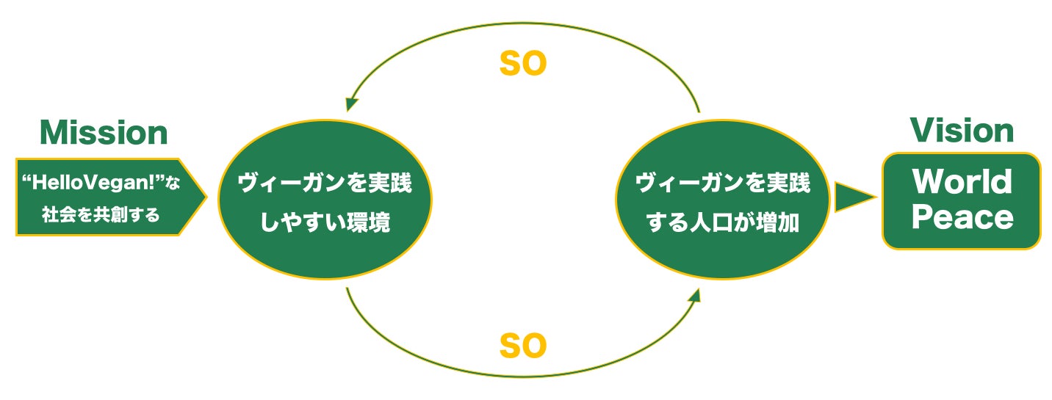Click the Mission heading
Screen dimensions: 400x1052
coord(104,133)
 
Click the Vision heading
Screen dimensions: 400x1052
coord(962,131)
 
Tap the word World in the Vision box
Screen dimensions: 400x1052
coord(962,182)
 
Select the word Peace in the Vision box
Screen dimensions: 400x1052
coord(962,217)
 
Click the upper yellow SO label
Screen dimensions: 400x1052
coord(523,65)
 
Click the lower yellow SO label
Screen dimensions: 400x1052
coord(523,346)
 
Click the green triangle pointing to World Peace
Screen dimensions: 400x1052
coord(853,197)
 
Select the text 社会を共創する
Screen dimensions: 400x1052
coord(101,216)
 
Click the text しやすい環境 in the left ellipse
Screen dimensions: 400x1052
coord(325,223)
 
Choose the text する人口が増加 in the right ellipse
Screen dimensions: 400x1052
coord(722,223)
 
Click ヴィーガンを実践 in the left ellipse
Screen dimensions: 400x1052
coord(325,183)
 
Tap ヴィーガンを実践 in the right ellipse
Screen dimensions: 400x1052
coord(722,183)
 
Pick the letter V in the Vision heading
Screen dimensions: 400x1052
coord(919,131)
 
